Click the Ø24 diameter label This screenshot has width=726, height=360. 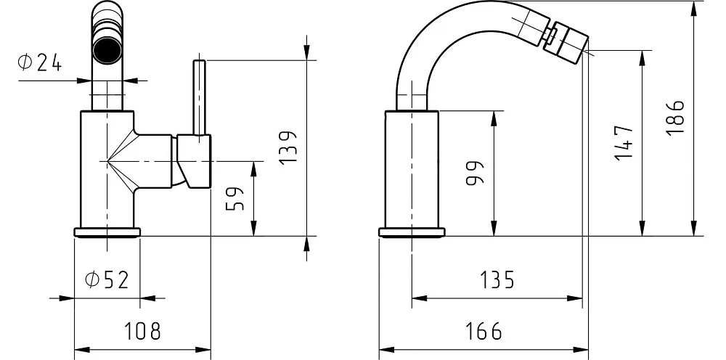(x=39, y=63)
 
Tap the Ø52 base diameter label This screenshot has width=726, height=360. (x=107, y=280)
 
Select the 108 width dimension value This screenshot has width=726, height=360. (x=142, y=331)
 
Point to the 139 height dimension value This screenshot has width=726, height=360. (x=288, y=147)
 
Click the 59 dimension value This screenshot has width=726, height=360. (x=235, y=199)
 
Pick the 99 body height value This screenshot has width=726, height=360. (x=474, y=173)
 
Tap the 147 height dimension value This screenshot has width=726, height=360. (x=624, y=142)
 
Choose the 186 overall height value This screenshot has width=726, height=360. (x=674, y=118)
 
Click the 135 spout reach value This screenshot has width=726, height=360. (x=497, y=280)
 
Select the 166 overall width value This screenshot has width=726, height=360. (x=484, y=331)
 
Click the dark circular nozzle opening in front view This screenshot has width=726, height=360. (x=107, y=49)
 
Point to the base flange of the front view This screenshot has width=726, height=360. (x=107, y=232)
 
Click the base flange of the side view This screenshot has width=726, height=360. (x=412, y=232)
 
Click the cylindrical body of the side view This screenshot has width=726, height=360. (x=412, y=169)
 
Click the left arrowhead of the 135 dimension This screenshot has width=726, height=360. (x=420, y=298)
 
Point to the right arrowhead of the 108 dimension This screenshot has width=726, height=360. (x=203, y=349)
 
